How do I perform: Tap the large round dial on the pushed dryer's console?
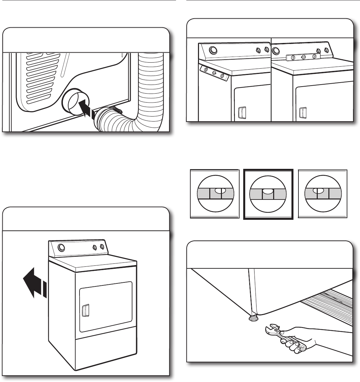(x=61, y=248)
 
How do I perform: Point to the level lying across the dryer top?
(x=303, y=57)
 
